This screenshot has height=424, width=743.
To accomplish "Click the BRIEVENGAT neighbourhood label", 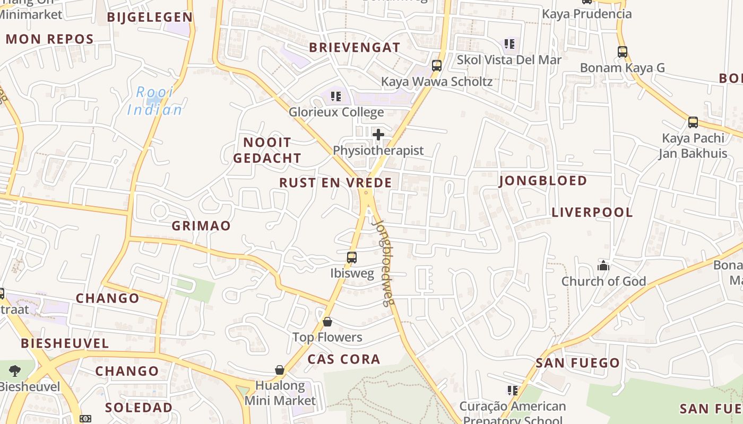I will (355, 47).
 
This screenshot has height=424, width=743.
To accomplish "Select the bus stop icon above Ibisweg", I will (351, 258).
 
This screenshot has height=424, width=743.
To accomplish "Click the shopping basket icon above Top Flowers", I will (327, 322).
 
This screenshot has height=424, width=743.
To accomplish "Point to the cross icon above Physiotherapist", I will (378, 135).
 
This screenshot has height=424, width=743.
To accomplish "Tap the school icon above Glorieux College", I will (335, 96).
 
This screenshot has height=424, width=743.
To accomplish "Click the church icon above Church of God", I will (603, 266).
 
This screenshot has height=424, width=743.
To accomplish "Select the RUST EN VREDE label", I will (335, 183).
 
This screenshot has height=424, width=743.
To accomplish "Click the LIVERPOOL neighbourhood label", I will (592, 213).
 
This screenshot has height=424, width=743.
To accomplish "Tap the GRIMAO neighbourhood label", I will (201, 226).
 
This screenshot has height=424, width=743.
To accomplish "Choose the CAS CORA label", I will (344, 359).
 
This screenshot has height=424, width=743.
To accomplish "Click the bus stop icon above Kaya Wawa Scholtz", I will (437, 66).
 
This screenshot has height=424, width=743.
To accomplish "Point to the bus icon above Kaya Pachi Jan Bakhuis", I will (693, 122).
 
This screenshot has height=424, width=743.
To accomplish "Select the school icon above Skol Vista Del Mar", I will (509, 44).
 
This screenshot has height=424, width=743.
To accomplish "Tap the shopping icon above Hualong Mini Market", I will (280, 369).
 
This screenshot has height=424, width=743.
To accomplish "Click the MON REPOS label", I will (50, 39).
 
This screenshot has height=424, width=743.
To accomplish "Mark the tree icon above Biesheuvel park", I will (14, 371).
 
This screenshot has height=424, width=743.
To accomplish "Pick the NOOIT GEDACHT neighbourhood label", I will (267, 150).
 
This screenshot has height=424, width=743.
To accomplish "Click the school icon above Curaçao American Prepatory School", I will (512, 391).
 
